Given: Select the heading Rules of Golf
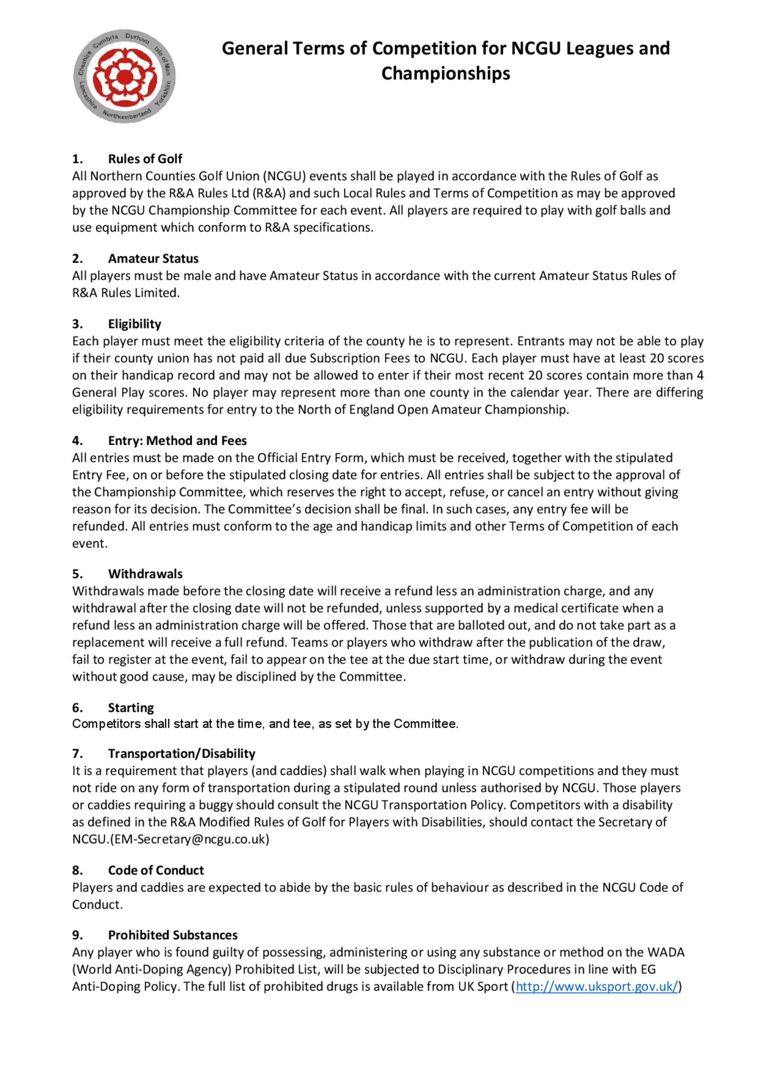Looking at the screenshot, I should (x=145, y=159).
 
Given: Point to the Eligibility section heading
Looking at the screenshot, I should (x=135, y=324).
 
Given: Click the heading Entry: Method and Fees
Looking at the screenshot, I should (x=177, y=440).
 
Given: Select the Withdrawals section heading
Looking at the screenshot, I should (x=145, y=574).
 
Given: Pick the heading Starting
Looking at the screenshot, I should (x=131, y=707).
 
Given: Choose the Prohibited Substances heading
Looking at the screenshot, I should (x=173, y=935).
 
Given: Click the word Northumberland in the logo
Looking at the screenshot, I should (x=127, y=115).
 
